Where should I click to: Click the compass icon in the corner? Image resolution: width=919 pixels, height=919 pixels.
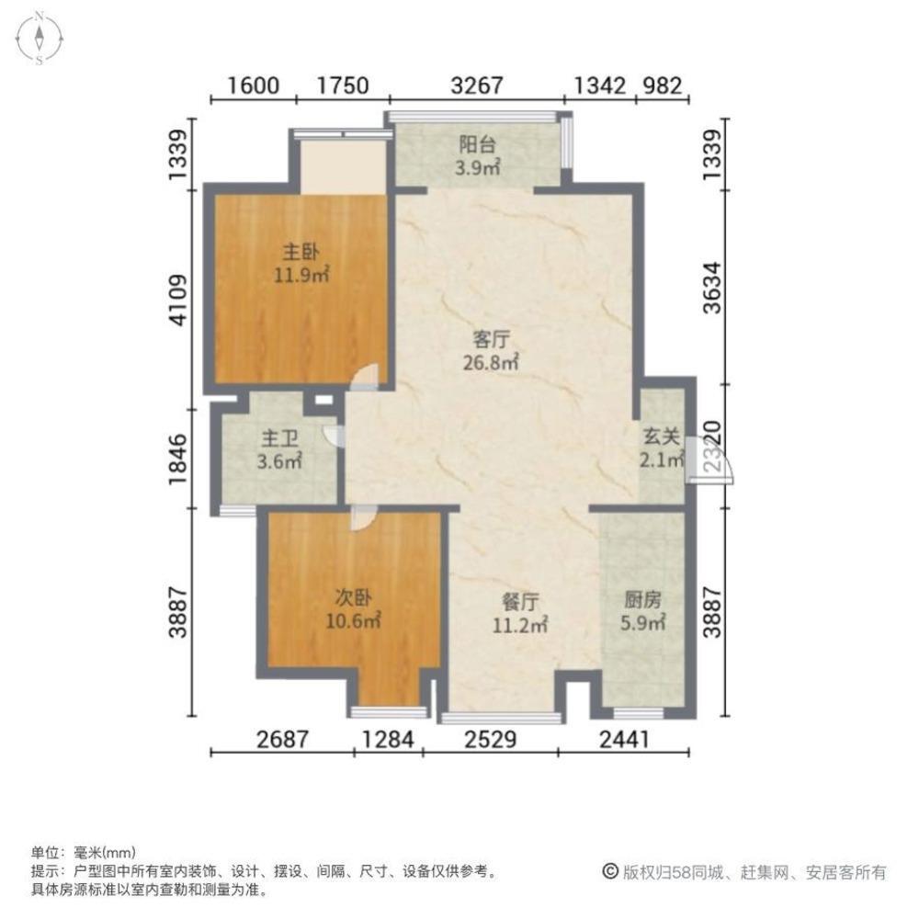coord(40,40)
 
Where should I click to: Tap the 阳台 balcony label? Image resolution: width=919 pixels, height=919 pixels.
coord(478,155)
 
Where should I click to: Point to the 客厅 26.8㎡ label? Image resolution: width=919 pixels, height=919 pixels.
coord(492,349)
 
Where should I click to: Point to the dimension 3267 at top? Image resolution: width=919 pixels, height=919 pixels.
coord(478,86)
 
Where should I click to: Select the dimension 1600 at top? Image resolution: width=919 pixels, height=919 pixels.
coord(253,86)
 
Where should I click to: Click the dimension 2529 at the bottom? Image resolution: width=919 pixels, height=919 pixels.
coord(490,737)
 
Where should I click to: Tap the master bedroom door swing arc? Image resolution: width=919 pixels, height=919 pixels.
coord(368,376)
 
